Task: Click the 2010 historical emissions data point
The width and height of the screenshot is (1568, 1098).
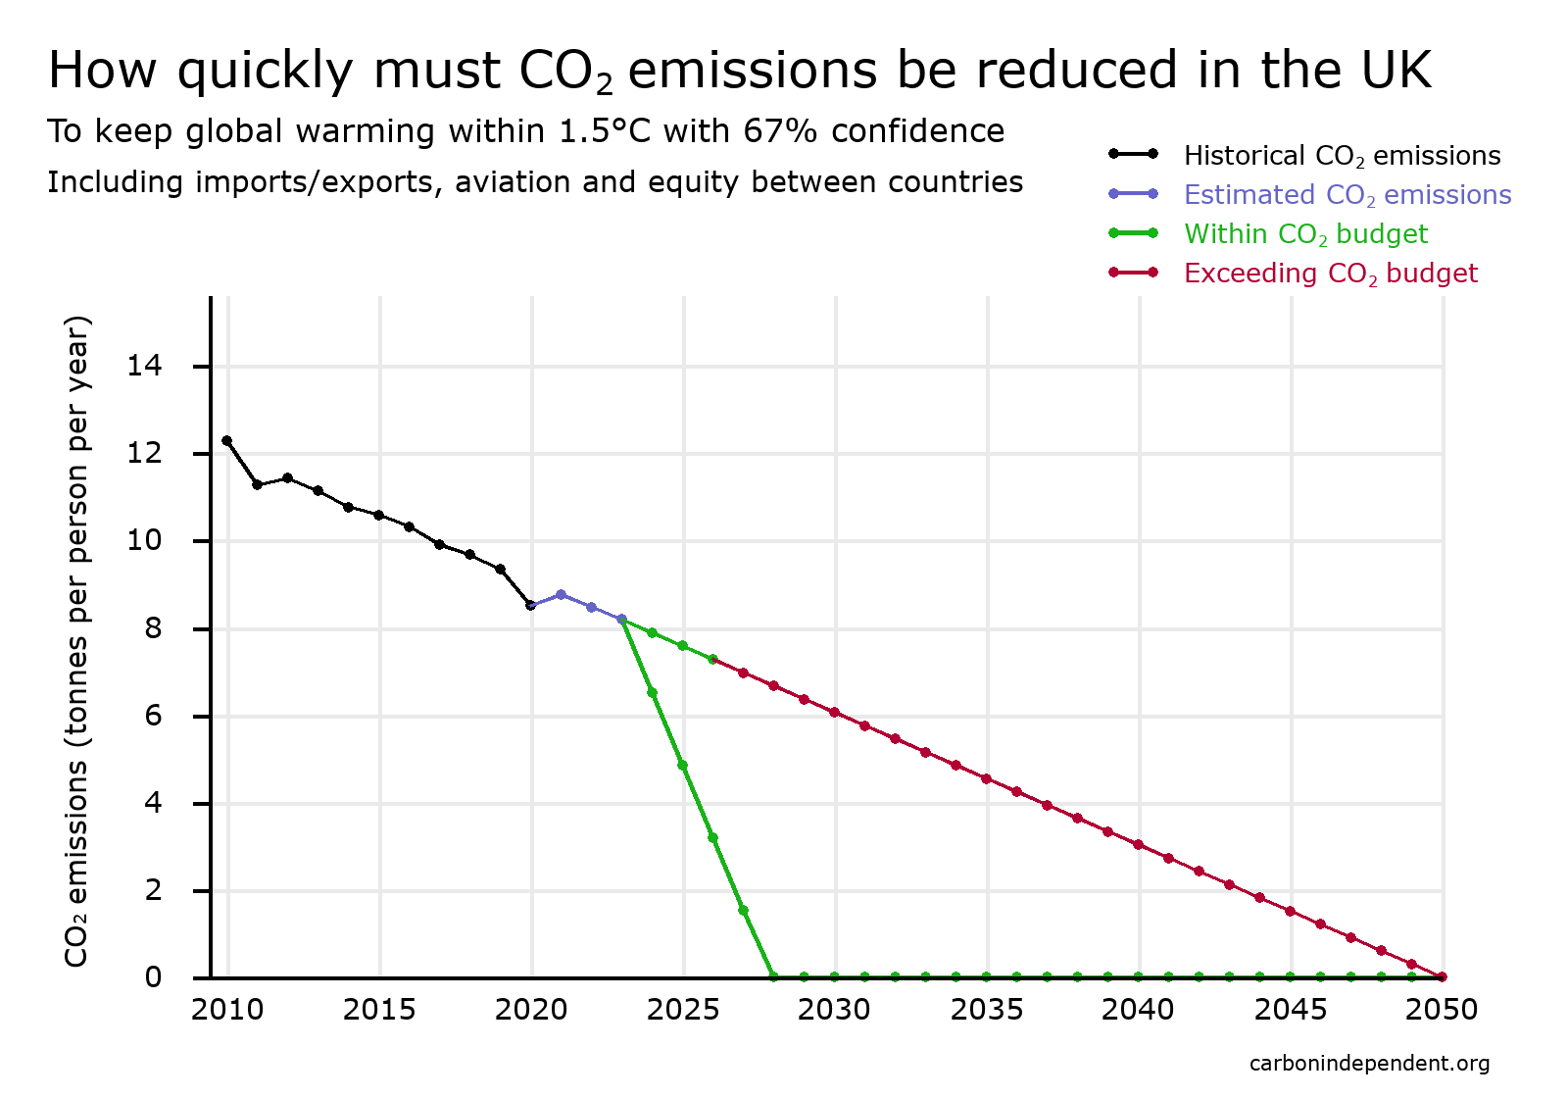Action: (x=227, y=441)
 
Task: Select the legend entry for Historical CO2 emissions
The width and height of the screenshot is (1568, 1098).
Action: (x=1341, y=156)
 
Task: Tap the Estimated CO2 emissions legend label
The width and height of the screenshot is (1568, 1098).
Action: (x=1347, y=195)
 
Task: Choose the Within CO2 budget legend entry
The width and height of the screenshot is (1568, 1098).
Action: (x=1305, y=234)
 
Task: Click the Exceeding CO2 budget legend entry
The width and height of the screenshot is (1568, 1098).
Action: (x=1330, y=274)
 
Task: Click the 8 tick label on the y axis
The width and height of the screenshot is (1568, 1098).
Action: (x=153, y=628)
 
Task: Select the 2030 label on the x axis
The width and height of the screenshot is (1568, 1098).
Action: (x=834, y=1010)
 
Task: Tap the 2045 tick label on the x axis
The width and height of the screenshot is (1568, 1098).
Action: (x=1291, y=1010)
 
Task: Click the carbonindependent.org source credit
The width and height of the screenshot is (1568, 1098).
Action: (x=1369, y=1064)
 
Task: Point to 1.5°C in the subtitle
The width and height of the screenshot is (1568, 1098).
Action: (x=605, y=131)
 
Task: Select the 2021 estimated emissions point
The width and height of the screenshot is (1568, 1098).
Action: (x=561, y=594)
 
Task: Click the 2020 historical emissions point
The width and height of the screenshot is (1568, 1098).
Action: (x=530, y=605)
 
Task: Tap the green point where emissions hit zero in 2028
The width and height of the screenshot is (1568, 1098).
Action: (x=773, y=976)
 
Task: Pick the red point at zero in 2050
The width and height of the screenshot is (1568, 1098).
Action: (x=1442, y=976)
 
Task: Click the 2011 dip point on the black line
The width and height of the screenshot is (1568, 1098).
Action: (x=258, y=485)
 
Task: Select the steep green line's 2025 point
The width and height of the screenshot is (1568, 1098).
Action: (x=682, y=765)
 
